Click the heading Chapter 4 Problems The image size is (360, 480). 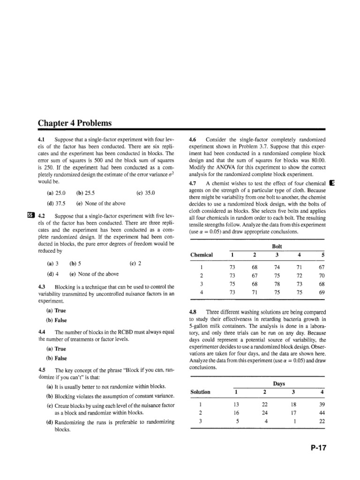pos(75,123)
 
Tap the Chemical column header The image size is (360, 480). pos(202,255)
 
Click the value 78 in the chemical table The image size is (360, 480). pos(277,284)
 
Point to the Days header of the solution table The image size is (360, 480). pos(279,383)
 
